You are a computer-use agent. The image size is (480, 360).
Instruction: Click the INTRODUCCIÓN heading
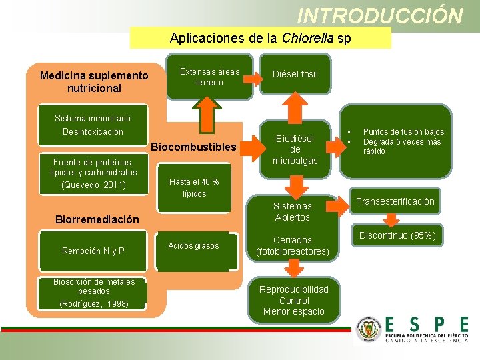click(x=379, y=15)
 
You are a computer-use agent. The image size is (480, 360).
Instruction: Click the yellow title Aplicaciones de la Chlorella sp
click(x=260, y=38)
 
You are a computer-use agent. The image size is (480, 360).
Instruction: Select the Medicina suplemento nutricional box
click(x=93, y=82)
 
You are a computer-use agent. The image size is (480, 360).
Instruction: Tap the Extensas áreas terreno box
click(x=209, y=77)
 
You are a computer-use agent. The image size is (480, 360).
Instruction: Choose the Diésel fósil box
click(x=295, y=74)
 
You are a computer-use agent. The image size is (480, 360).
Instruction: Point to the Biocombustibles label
click(x=194, y=147)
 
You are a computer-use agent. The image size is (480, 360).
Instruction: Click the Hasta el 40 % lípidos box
click(x=194, y=187)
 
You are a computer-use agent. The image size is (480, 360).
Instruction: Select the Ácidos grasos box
click(x=193, y=246)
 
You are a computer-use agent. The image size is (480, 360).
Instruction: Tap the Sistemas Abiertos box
click(x=292, y=211)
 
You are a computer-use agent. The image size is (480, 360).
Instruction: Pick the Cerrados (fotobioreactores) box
click(x=292, y=246)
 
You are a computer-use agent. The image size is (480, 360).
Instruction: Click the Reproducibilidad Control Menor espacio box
click(x=293, y=301)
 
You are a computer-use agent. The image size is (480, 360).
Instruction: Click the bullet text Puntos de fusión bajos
click(x=403, y=132)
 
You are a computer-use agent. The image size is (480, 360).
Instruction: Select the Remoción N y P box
click(x=93, y=251)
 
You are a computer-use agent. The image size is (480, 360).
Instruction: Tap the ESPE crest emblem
click(x=368, y=329)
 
